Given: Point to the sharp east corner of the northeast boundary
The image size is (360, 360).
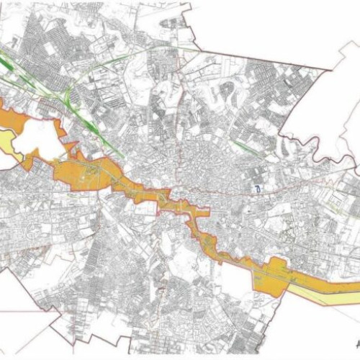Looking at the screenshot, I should tap(332, 71).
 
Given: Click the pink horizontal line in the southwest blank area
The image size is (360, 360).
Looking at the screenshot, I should tap(22, 311).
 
